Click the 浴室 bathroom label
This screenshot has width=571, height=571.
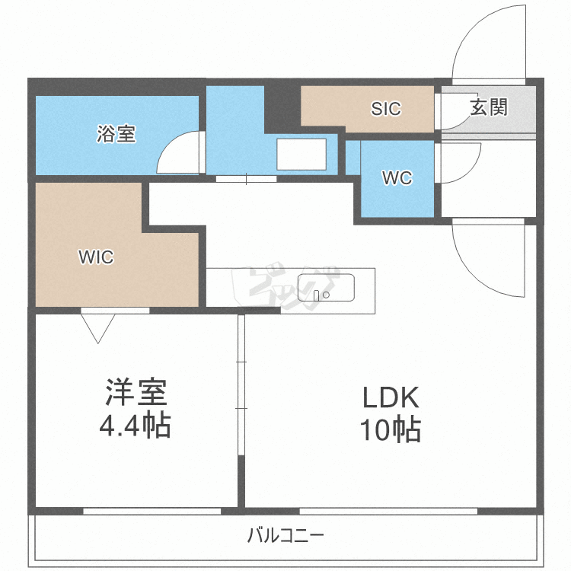point(116,135)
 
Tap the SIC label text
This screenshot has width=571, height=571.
point(386,109)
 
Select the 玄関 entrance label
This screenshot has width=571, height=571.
point(488,107)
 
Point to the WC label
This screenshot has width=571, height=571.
point(397,179)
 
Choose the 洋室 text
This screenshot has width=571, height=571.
point(135,393)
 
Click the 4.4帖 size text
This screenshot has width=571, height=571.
point(135,426)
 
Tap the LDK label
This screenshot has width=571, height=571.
point(391,397)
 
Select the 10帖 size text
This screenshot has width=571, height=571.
point(391,431)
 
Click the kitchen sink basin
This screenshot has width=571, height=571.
point(326,288)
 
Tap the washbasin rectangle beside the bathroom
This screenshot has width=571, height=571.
point(301,155)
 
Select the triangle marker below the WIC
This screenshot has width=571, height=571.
point(98,327)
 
